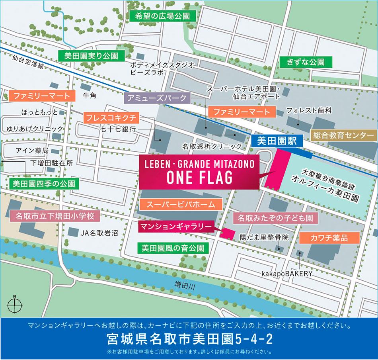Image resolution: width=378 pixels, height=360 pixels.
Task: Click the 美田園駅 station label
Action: tap(278, 140)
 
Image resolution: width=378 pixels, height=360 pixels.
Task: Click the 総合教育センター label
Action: tap(343, 135)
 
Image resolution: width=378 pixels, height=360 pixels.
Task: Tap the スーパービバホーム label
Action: tap(181, 205)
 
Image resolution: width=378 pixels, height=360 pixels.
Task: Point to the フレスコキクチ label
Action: tap(111, 117)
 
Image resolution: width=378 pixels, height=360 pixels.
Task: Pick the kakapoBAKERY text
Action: tap(287, 274)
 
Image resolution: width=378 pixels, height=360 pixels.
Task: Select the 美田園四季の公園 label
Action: tap(43, 184)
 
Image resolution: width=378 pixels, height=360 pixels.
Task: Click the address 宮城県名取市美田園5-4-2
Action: tap(189, 340)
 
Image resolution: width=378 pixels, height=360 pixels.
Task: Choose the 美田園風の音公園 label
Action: tap(173, 248)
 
